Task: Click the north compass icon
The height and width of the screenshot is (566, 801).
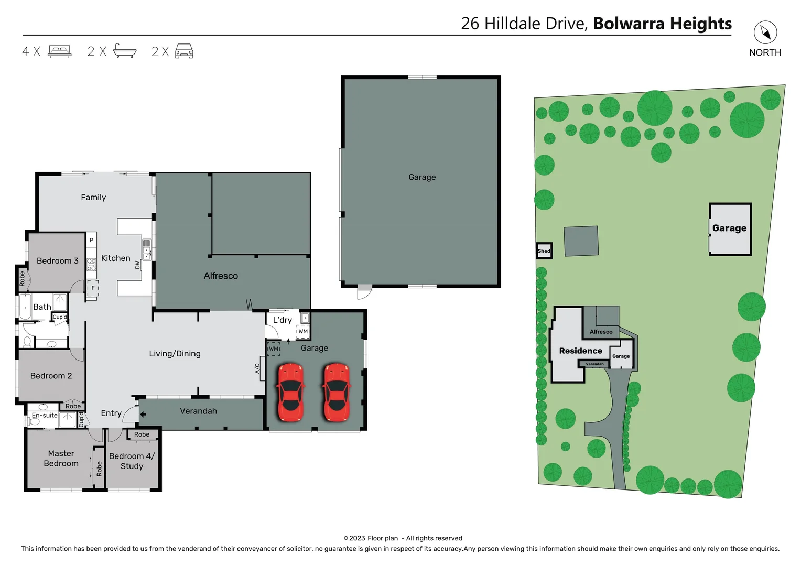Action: [x=765, y=32]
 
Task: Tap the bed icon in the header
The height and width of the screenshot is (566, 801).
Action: [x=60, y=51]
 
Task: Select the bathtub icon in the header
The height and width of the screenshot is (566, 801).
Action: [x=125, y=51]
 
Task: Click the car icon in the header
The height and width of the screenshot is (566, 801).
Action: [x=184, y=51]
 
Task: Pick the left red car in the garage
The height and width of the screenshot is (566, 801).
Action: [x=290, y=392]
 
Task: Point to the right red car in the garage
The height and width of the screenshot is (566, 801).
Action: [x=336, y=392]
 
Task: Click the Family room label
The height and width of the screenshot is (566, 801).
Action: [x=93, y=197]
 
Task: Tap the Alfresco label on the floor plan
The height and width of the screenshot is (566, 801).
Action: [x=221, y=276]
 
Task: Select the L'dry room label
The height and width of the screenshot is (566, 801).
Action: [x=282, y=320]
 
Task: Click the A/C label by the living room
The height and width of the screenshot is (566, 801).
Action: [x=257, y=368]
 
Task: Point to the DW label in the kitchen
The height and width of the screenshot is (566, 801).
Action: [x=138, y=265]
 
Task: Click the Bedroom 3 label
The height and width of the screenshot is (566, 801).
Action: [x=57, y=260]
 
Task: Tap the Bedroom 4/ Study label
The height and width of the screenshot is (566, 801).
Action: [x=132, y=461]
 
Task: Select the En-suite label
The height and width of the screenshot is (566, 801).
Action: [x=45, y=415]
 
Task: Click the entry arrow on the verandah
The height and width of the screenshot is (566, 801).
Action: [x=143, y=414]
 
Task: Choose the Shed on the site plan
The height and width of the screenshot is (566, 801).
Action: [x=544, y=251]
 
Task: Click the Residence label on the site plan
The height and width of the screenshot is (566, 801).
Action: [x=580, y=351]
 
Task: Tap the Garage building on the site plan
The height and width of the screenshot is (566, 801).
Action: [x=729, y=228]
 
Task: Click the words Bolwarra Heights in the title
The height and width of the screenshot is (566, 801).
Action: [x=662, y=24]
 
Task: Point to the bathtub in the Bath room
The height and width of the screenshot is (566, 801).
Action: [x=25, y=308]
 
